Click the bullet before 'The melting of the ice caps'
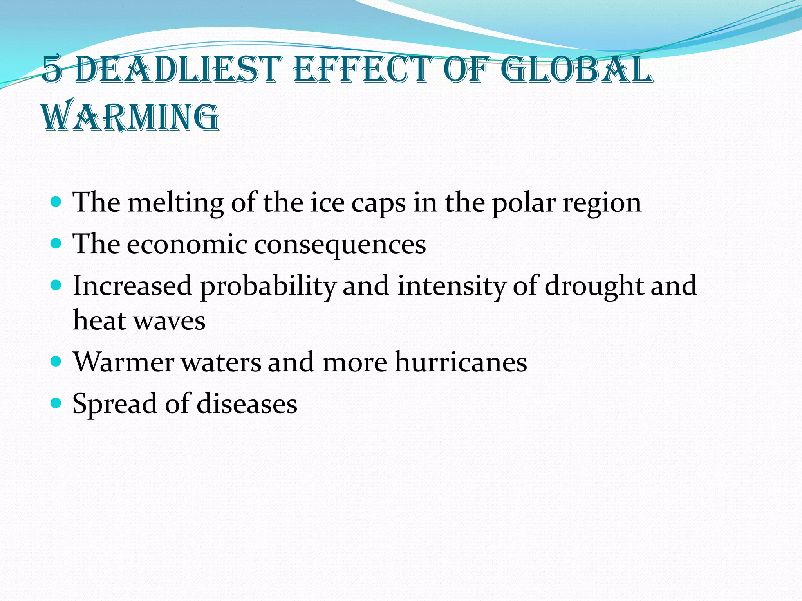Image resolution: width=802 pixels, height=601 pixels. coord(56,202)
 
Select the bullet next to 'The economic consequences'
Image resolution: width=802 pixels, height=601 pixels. coord(56,244)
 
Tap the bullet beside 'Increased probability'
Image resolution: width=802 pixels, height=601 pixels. coord(56,285)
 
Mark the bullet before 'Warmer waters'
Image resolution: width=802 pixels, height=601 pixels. coord(56,362)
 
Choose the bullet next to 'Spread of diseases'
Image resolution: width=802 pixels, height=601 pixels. coord(56,403)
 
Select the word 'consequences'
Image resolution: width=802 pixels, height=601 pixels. coord(340,245)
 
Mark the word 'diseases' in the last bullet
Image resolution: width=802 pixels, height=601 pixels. coord(247,403)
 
